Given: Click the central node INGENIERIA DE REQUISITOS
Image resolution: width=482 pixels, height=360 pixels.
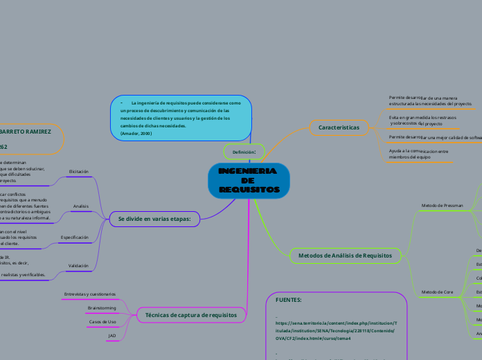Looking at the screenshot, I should pos(249,180).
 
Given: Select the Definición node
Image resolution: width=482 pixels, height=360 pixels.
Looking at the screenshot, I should pos(244,151).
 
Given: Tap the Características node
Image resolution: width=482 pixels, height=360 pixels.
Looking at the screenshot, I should pos(339,127).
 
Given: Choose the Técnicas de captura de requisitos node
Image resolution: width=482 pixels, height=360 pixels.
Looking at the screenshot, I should pos(191,314).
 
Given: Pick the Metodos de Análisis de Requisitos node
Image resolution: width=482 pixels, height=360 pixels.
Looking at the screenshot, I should pos(344,256).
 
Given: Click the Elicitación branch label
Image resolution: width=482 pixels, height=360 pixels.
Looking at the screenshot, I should pos(79,171).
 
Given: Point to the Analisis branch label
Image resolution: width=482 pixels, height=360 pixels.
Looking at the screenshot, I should pos(80,206).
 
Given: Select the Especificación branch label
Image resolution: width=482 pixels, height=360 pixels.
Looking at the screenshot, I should pos(75,237).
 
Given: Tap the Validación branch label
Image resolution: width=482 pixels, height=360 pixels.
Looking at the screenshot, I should pos(78,265).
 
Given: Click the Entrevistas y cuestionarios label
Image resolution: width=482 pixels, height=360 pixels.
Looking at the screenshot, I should pos(89,294).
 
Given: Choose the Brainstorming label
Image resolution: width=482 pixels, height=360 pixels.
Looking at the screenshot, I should pos(102,308).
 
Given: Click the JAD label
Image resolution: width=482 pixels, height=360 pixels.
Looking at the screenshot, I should pos(112,336).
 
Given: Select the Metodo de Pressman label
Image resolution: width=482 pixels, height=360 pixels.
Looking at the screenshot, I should pos(442,206).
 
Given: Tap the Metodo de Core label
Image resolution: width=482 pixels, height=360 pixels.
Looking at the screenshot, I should pos(438,292).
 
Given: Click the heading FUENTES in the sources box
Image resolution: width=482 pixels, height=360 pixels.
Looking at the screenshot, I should pos(288,300).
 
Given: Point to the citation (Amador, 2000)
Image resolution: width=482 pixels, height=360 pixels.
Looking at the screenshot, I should pos(136,133).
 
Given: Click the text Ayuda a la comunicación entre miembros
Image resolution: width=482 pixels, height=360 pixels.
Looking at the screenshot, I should pos(418,154).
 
